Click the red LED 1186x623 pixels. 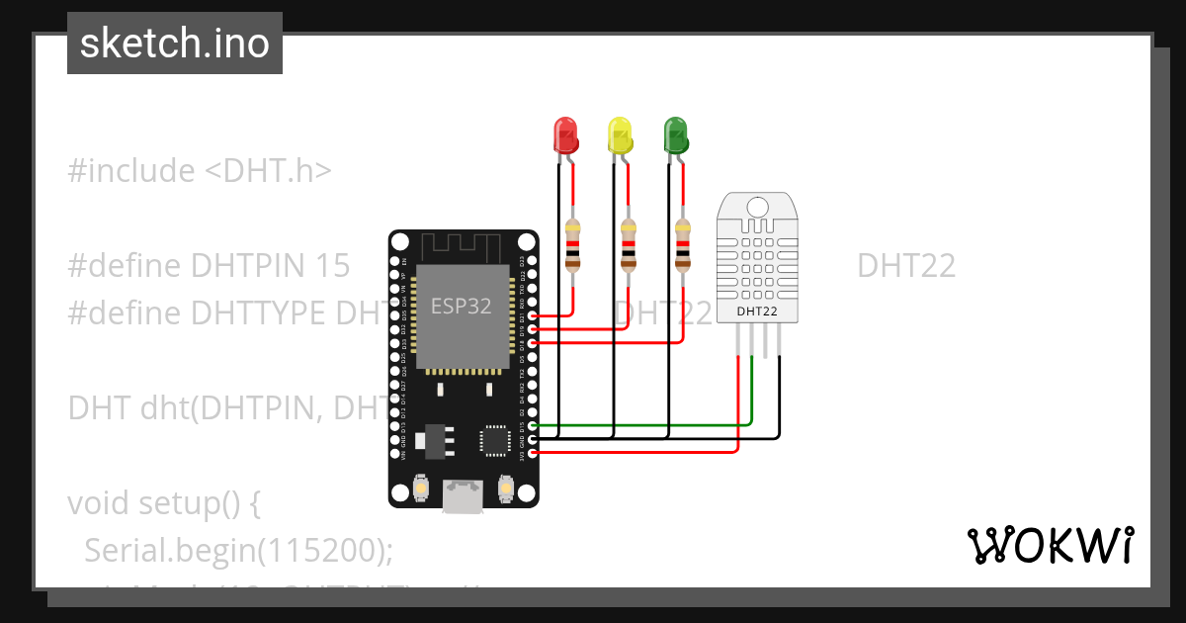point(565,135)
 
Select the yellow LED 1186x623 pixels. point(620,135)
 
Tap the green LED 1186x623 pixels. point(676,135)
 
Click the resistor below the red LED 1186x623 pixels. point(572,245)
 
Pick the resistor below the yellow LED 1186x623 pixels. point(628,245)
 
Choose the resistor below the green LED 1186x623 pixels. point(682,245)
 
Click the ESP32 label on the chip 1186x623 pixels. point(461,307)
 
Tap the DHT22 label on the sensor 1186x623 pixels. point(757,311)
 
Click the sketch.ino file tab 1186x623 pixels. point(175,44)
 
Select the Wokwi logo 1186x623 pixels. point(1050,545)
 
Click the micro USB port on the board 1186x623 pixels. point(464,496)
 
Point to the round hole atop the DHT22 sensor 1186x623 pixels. point(757,206)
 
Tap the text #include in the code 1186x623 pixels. point(131,171)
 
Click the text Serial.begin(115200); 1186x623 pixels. point(238,550)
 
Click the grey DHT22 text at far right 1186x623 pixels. point(905,266)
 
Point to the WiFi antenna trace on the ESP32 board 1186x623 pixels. point(463,246)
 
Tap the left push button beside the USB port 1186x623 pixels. point(421,489)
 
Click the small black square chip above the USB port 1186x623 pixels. point(494,441)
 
